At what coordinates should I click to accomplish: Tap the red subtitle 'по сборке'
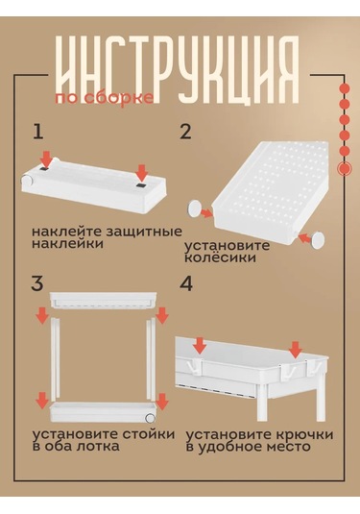(105, 98)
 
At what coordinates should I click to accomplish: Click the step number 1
(38, 132)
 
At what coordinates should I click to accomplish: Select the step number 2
(185, 132)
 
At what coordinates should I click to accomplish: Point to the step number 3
(37, 283)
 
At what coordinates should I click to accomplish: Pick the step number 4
(186, 283)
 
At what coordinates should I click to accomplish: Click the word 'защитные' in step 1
(144, 233)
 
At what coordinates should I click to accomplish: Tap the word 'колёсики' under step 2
(220, 257)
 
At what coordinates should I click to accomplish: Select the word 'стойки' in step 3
(149, 434)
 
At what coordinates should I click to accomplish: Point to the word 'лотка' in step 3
(98, 447)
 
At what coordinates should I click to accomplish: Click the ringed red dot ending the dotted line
(345, 168)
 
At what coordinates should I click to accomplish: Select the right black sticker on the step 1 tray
(141, 185)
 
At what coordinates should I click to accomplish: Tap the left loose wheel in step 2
(195, 208)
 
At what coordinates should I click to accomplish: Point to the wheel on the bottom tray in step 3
(150, 417)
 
